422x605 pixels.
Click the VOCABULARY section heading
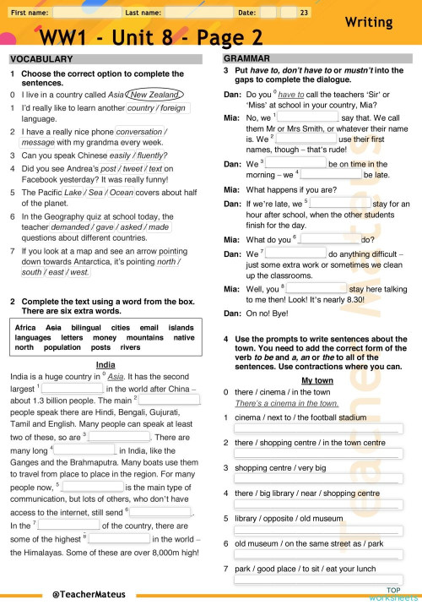pos(41,59)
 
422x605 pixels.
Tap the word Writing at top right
pos(369,22)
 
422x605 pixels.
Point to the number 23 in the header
pos(304,13)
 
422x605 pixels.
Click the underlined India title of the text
pos(105,365)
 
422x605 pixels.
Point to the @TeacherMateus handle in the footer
pos(83,594)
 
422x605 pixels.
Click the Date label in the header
pos(247,13)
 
